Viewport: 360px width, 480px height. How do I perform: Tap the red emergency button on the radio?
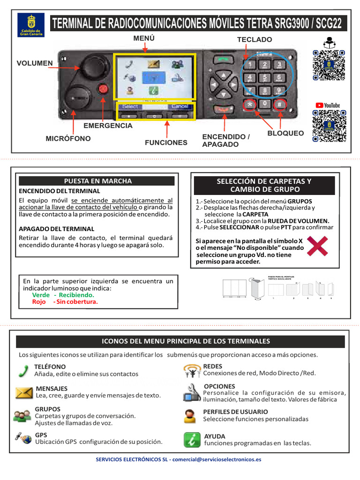(x=103, y=89)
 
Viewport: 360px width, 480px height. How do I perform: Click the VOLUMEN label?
(x=35, y=63)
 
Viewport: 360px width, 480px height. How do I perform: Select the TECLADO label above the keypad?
(x=254, y=40)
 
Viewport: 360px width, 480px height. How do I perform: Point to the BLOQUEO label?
(x=285, y=134)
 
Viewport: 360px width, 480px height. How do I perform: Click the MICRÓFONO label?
(x=68, y=139)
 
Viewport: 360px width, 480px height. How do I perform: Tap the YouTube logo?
(x=328, y=105)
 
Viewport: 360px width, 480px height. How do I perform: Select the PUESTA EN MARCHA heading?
(x=97, y=181)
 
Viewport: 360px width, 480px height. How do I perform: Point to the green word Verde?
(x=40, y=295)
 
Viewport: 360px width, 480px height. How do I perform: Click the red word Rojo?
(x=39, y=302)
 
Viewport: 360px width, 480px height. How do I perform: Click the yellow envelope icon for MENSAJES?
(x=23, y=393)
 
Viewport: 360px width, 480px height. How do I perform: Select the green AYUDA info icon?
(x=191, y=440)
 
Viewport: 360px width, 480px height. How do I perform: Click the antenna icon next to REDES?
(x=191, y=371)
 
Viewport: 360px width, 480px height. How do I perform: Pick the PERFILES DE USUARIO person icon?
(x=190, y=416)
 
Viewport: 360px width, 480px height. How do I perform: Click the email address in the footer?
(x=217, y=460)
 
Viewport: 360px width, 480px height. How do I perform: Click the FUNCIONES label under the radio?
(x=166, y=142)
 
